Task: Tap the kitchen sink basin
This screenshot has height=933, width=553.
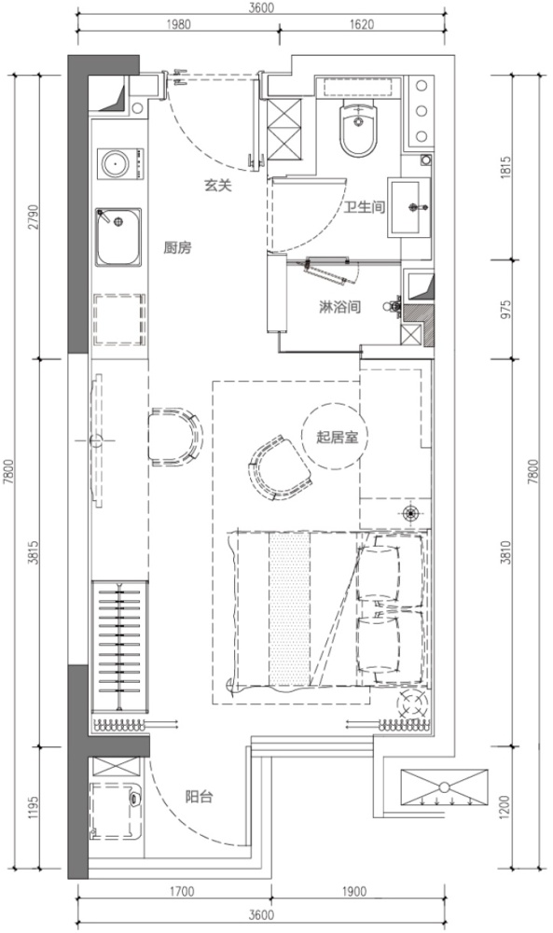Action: click(119, 237)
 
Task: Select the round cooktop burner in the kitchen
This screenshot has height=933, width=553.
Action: click(114, 163)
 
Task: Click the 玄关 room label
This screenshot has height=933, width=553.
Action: click(217, 186)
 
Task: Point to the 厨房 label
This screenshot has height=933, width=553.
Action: click(177, 247)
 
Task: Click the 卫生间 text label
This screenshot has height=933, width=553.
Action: click(365, 207)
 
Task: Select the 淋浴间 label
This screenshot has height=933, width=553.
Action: click(340, 308)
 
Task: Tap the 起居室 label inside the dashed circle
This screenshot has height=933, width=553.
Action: click(337, 438)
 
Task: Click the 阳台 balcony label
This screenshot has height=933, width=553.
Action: click(199, 796)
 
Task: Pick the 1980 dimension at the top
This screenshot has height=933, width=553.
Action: click(179, 24)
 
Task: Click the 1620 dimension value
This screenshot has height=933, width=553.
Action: click(363, 24)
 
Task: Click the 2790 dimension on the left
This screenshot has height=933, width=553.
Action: click(33, 217)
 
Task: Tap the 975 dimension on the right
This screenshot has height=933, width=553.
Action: click(506, 310)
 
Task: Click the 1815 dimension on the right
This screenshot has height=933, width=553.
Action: click(506, 167)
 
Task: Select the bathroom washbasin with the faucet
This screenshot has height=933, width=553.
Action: click(409, 207)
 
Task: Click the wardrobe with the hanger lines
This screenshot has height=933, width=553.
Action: click(119, 647)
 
